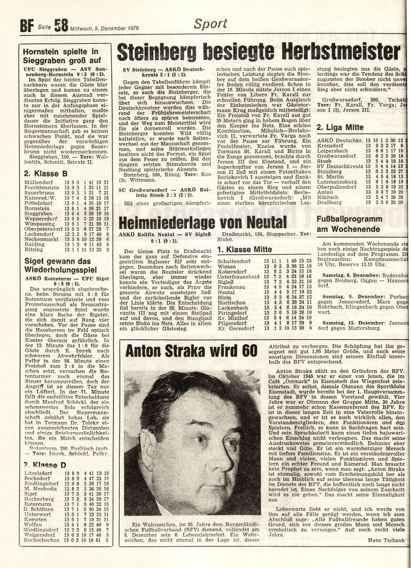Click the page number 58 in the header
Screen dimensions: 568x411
[x=61, y=26]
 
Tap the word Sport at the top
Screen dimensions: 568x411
[x=210, y=24]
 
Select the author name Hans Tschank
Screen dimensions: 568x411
[x=386, y=541]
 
